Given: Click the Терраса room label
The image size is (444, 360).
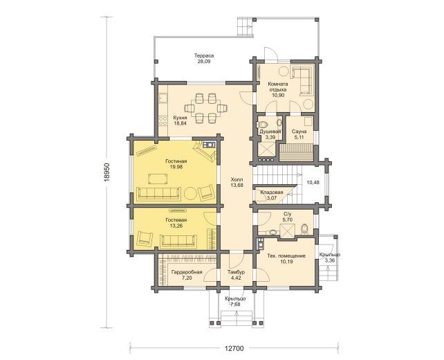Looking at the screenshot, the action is [204, 55].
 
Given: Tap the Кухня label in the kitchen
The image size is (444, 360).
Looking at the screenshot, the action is [180, 118].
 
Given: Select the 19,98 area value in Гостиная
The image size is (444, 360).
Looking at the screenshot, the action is [176, 167].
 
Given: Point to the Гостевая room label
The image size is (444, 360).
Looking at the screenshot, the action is [176, 220].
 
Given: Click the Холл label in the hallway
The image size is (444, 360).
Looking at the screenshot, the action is [237, 180].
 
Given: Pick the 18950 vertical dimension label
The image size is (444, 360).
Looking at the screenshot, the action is [107, 172].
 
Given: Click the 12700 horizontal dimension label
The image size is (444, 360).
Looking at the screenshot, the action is [234, 349].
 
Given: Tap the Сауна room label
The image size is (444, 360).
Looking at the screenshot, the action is [299, 132].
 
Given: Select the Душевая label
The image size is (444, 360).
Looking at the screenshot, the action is [270, 132].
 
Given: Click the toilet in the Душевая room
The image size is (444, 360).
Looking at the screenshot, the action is [263, 125].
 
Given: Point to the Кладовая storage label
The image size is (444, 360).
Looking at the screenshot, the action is [272, 192].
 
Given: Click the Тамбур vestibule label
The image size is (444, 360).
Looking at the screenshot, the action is [236, 272].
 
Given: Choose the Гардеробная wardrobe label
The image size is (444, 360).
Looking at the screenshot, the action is [187, 272].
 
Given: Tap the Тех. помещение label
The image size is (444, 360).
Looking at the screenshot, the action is [286, 256].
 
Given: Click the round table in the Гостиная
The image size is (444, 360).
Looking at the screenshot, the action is [190, 194].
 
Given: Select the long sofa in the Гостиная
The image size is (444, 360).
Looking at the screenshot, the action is [158, 194].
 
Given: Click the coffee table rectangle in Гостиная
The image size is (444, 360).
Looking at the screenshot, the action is [158, 179].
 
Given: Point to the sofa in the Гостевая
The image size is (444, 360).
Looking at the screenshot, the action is [178, 241].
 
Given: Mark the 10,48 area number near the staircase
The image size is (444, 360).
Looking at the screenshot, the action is [313, 183].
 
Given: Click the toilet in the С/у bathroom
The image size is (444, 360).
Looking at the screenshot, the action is [304, 229].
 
